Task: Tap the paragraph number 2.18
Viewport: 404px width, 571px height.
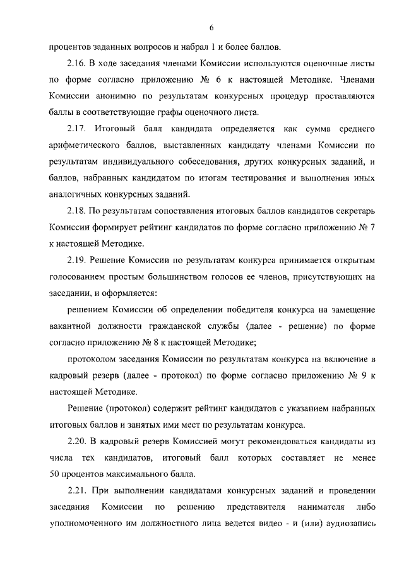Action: [x=78, y=211]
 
